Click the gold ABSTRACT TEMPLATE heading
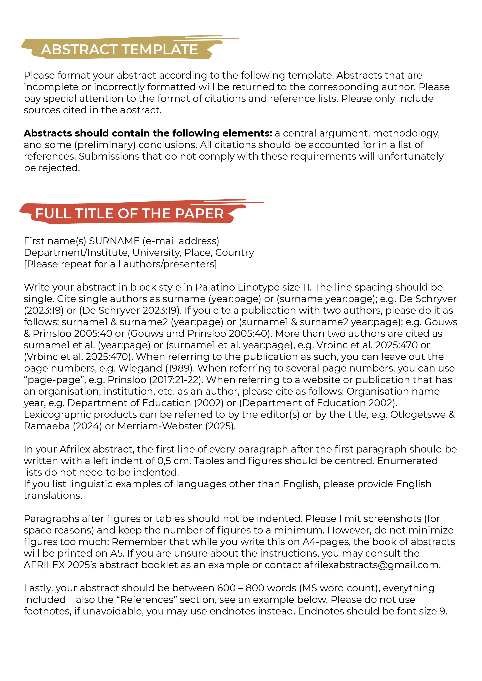(119, 49)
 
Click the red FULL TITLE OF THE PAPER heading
(129, 213)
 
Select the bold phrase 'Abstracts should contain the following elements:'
(148, 133)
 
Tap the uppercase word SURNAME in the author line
(114, 241)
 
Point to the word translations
(53, 496)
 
